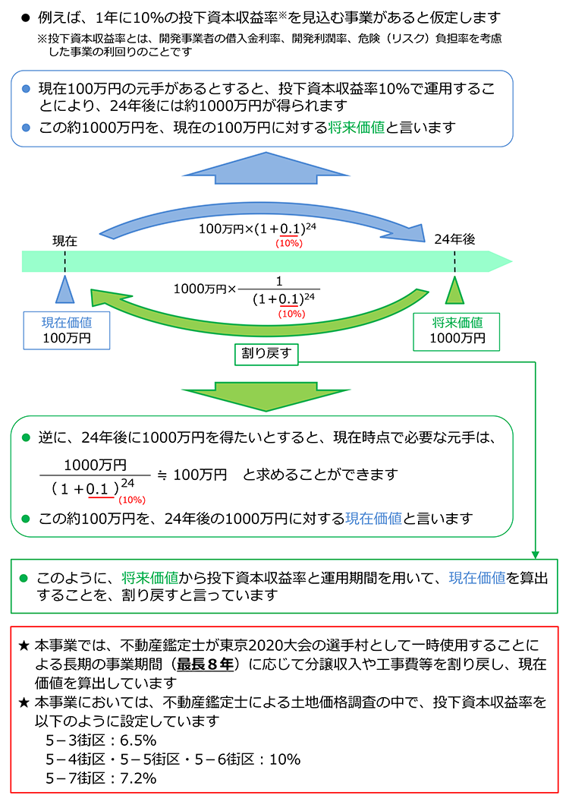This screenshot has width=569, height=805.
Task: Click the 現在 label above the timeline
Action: coord(64,240)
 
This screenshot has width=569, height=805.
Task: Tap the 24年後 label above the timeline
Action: coord(454,239)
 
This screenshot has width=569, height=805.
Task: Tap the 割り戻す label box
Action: coord(266,353)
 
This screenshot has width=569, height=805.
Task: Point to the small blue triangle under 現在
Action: coord(65,291)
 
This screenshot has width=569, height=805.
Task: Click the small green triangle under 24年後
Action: coord(454,291)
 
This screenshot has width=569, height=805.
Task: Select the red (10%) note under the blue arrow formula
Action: coord(288,243)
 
